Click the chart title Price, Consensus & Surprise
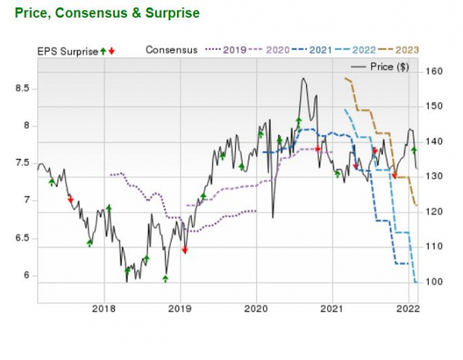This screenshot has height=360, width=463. (107, 13)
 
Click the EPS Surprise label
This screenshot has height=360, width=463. (67, 51)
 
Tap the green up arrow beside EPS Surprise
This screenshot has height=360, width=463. (103, 51)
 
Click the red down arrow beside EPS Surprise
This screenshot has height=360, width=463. (111, 51)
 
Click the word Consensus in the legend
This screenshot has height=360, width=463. (172, 50)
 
